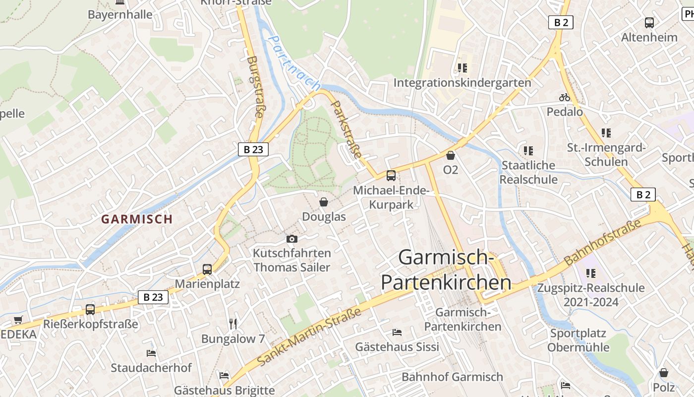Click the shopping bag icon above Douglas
point(324,202)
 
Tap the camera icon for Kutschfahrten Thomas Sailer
point(292,239)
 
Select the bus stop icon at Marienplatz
point(207,269)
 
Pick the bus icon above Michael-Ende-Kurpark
point(391,175)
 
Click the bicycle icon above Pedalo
point(565,97)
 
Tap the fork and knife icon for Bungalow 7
point(233,324)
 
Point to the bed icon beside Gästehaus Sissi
point(397,332)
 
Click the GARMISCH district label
point(137,219)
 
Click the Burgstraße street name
point(255,87)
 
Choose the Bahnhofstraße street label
point(602,242)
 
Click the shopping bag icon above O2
point(451,155)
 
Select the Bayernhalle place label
point(120,14)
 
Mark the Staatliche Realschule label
point(528,172)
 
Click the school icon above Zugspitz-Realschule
point(590,273)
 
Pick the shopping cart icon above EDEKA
point(18,320)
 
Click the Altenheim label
point(649,37)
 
